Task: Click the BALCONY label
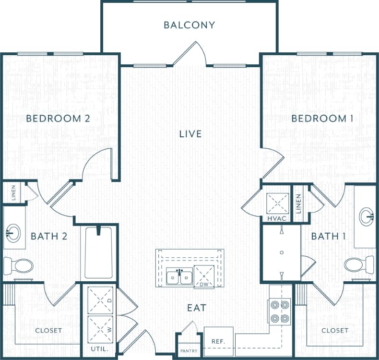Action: (x=189, y=25)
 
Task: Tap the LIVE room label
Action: (x=190, y=134)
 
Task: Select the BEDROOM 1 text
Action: (x=320, y=119)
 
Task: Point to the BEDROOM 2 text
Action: (x=58, y=119)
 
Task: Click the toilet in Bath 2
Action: (x=18, y=265)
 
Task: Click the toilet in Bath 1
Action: (x=358, y=264)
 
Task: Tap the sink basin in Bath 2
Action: (x=13, y=234)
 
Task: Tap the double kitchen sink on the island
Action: (x=179, y=277)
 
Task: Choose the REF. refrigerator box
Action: (x=219, y=341)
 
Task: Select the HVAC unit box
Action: (x=278, y=204)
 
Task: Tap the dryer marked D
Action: (x=101, y=300)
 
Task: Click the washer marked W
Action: (x=101, y=329)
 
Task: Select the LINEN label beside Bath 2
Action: (x=13, y=193)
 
